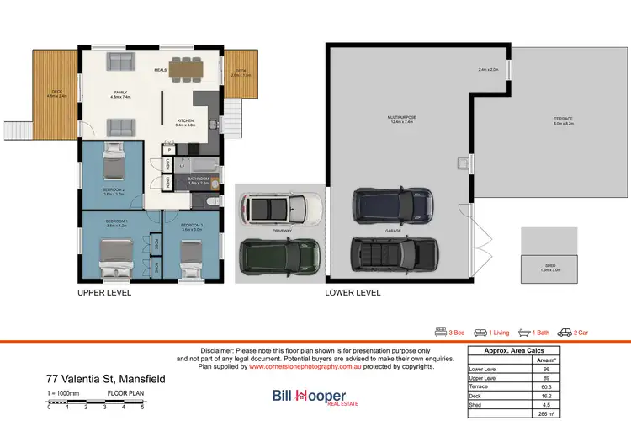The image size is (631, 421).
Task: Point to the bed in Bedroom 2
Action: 114,162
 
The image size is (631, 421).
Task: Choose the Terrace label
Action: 563,119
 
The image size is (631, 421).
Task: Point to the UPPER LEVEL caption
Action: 104,293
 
